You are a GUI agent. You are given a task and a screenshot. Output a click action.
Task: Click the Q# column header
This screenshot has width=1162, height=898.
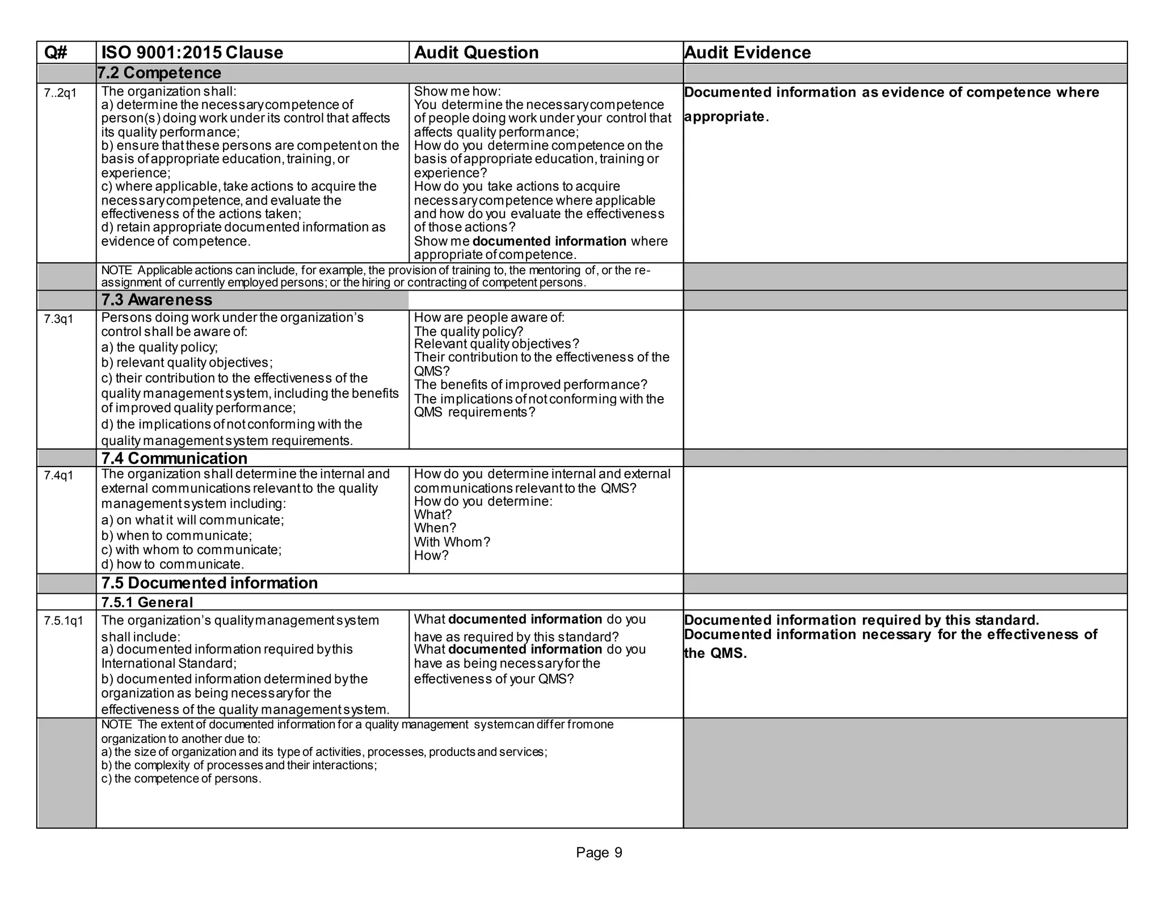click(x=56, y=53)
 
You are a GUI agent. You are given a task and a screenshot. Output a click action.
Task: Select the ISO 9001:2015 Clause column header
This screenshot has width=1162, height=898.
click(x=192, y=53)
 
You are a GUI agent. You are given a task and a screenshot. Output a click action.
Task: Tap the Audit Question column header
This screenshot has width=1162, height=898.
click(x=476, y=53)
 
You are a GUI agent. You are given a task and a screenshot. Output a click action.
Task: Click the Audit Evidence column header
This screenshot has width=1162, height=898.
click(x=747, y=53)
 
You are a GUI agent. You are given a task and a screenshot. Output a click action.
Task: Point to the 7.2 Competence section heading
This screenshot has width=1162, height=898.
click(x=159, y=73)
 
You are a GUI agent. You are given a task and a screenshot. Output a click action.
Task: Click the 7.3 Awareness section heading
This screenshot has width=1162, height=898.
click(x=157, y=300)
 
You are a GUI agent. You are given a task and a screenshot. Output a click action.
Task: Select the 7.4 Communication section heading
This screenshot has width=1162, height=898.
click(x=174, y=458)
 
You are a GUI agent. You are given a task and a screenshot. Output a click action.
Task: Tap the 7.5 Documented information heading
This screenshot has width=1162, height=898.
click(x=209, y=583)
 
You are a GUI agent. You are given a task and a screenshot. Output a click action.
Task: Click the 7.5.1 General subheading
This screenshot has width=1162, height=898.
click(x=147, y=602)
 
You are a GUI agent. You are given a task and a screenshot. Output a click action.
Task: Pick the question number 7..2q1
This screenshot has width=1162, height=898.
click(x=60, y=93)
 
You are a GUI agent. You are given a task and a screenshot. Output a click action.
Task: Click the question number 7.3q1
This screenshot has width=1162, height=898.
click(x=58, y=319)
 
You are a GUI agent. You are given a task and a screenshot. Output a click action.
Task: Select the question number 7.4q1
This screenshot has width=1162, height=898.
click(x=58, y=476)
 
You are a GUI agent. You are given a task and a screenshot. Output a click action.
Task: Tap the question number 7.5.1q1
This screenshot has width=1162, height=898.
click(x=64, y=621)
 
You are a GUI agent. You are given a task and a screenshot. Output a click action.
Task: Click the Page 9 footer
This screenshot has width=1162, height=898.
click(x=599, y=853)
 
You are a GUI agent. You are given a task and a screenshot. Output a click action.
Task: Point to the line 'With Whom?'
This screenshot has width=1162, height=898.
click(x=452, y=542)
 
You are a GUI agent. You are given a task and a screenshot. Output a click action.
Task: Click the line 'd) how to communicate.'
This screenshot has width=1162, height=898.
click(x=172, y=564)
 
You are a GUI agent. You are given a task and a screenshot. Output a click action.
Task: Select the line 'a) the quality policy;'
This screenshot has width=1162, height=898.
click(x=159, y=347)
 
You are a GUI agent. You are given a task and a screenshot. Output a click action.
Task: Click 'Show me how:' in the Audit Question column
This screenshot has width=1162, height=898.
click(x=457, y=91)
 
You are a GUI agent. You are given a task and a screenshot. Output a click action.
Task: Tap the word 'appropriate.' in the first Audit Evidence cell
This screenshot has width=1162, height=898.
click(x=726, y=117)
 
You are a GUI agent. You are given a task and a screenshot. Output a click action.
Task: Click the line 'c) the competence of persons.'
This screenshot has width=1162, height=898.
click(x=181, y=779)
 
